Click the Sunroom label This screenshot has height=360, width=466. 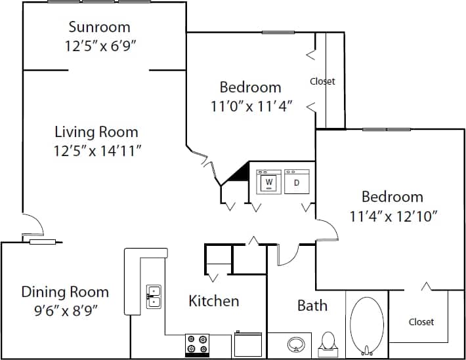click(99, 28)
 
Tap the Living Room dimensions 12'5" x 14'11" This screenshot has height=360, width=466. click(98, 151)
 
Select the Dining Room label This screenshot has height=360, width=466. click(65, 292)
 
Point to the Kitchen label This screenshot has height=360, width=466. click(213, 301)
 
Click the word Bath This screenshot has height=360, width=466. click(312, 306)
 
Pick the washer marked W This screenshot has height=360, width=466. click(268, 182)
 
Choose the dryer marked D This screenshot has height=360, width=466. click(296, 182)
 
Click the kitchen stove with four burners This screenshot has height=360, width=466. click(196, 344)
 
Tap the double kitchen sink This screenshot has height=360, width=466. click(154, 296)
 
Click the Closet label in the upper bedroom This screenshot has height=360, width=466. click(322, 81)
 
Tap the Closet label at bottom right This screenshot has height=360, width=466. click(421, 322)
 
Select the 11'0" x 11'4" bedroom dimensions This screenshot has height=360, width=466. click(251, 106)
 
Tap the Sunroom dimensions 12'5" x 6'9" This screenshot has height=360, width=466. click(104, 46)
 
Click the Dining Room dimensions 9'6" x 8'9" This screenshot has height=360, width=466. click(64, 310)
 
